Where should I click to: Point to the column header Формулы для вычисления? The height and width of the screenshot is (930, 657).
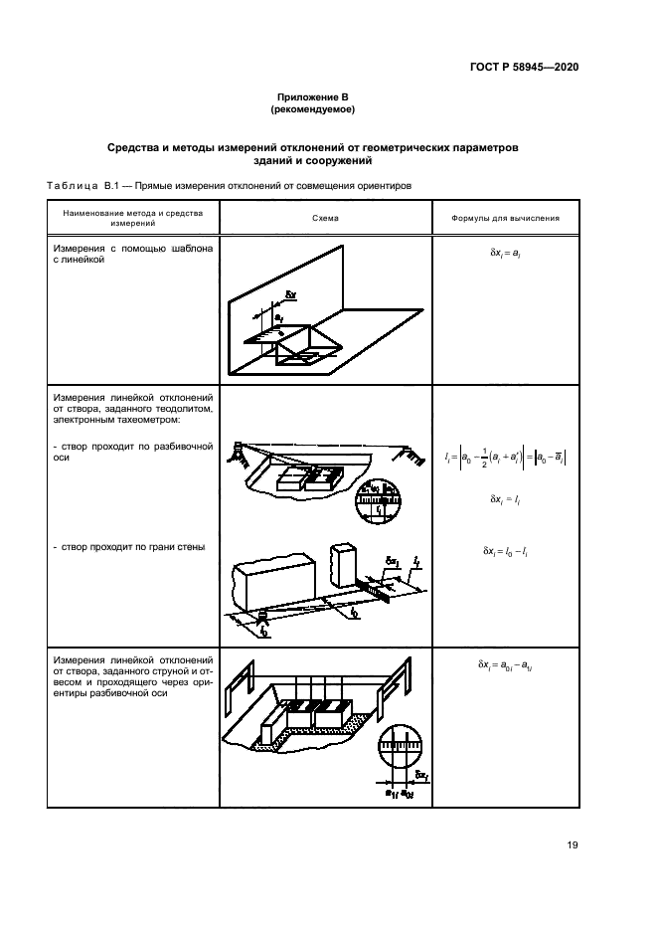click(505, 216)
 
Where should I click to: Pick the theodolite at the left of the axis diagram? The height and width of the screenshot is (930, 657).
click(236, 455)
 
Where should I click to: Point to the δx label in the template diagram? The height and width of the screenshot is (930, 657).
click(290, 294)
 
